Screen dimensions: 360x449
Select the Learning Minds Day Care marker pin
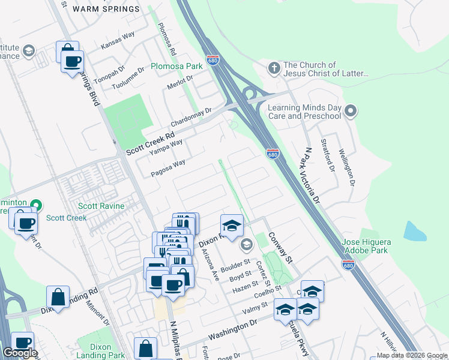click(351, 110)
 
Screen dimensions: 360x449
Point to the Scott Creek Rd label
click(149, 144)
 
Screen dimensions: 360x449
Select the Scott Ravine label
click(103, 206)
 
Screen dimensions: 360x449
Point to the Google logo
click(20, 352)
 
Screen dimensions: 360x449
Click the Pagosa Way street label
click(167, 169)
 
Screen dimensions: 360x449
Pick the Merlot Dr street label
click(180, 79)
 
